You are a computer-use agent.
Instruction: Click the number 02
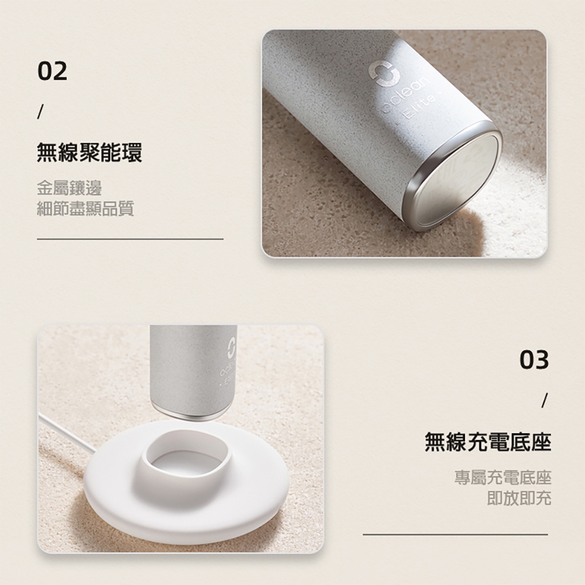click(53, 71)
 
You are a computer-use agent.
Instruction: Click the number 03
click(534, 360)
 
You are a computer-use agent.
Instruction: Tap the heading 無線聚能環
click(90, 152)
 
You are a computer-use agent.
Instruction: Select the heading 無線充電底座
click(488, 442)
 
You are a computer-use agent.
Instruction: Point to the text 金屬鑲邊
click(70, 188)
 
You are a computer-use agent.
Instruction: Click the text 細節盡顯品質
click(85, 209)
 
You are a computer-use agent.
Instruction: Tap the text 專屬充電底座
click(503, 477)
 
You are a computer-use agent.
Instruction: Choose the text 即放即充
click(519, 498)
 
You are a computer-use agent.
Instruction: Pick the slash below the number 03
click(545, 400)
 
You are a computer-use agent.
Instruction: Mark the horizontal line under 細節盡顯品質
click(130, 239)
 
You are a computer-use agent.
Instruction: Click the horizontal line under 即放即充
click(455, 535)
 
